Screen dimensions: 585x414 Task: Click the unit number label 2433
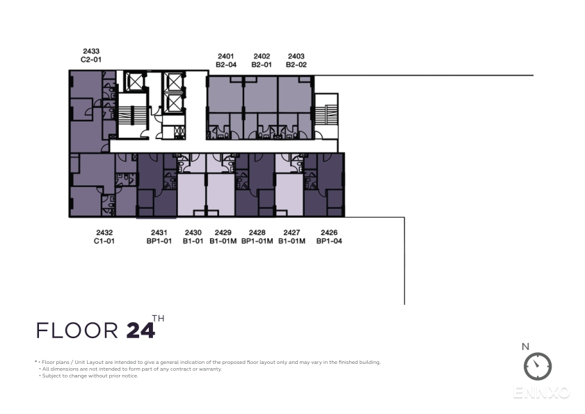pos(91,51)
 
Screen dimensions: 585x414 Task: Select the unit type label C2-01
pos(91,59)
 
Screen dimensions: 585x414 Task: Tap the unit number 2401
pos(225,56)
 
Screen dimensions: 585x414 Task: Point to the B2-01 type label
pos(262,65)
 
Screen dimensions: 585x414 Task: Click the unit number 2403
pos(296,56)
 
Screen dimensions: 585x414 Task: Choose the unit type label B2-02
pos(296,65)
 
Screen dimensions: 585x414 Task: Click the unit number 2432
pos(104,232)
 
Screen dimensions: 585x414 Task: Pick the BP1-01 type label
pos(159,241)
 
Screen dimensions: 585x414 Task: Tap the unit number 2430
pos(193,232)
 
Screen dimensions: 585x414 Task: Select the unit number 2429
pos(223,232)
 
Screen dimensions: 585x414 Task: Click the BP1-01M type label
pos(257,241)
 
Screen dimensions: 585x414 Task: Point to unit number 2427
pos(291,232)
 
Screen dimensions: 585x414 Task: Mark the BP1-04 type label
pos(329,241)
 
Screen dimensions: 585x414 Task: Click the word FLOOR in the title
pos(77,331)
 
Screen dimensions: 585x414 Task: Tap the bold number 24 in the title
pos(141,331)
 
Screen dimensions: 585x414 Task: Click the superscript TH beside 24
pos(158,319)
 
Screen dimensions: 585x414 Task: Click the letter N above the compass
pos(525,347)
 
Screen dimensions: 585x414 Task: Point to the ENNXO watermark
pos(541,392)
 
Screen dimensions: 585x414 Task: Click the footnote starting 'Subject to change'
pos(90,376)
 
